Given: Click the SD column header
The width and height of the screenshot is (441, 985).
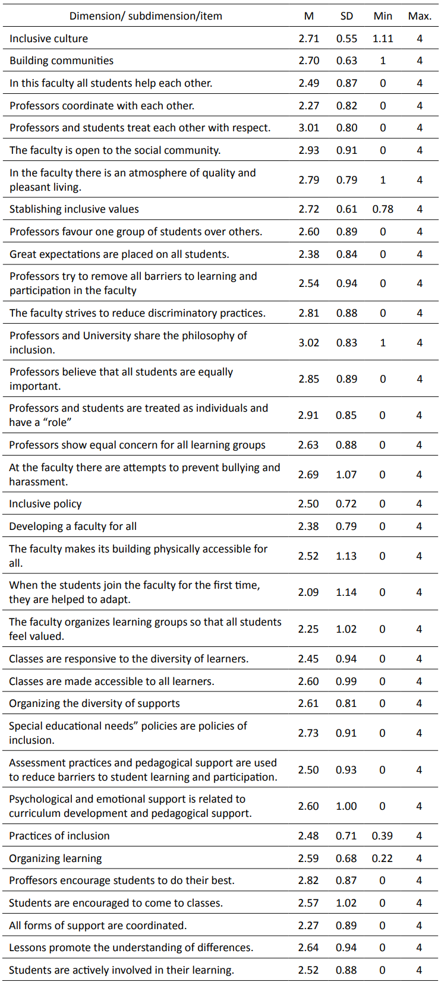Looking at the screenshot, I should tap(346, 16).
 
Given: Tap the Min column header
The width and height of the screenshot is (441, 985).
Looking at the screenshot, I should tap(383, 16).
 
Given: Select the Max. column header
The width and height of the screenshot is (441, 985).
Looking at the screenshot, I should tap(420, 16).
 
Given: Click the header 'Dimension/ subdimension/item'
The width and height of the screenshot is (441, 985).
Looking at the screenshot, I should tap(146, 16).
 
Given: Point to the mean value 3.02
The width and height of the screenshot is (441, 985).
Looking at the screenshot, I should tap(309, 343).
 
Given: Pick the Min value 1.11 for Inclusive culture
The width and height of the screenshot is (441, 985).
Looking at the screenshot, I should tap(383, 39).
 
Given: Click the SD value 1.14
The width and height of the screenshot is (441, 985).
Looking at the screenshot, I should tap(346, 592).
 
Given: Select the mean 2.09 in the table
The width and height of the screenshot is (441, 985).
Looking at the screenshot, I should tap(309, 592).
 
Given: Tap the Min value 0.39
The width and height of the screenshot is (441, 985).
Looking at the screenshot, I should tap(382, 836).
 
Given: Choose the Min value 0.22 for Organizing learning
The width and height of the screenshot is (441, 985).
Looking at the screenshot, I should tap(382, 858).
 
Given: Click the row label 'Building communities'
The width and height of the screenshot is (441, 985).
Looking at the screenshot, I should tap(61, 61).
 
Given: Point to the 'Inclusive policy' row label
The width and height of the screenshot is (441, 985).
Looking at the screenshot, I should tap(45, 504).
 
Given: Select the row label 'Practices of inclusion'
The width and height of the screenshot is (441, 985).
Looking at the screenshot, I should tap(59, 836).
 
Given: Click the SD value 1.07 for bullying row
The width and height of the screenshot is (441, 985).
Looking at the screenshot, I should tap(346, 475).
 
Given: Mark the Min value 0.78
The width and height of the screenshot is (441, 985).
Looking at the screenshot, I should tap(383, 209).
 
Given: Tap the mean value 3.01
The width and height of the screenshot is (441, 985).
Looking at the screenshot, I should tap(309, 128).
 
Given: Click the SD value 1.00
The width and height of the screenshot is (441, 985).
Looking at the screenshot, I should tap(346, 806).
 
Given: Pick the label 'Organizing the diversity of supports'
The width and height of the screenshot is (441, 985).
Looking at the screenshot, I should tap(94, 703).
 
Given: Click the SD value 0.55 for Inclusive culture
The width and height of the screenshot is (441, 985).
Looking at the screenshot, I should tap(346, 39).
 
